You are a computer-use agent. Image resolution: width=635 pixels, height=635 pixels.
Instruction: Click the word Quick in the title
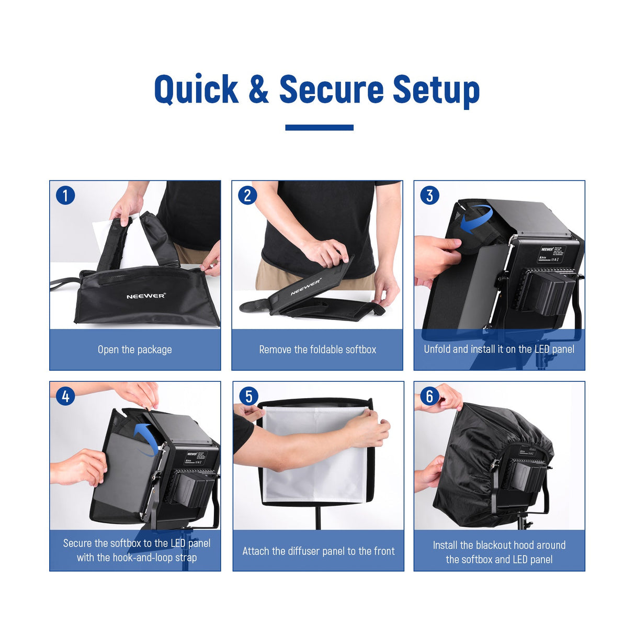[x=196, y=89]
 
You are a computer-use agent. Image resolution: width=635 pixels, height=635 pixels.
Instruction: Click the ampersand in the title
[x=258, y=89]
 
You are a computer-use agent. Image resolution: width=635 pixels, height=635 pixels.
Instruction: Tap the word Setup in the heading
[x=436, y=89]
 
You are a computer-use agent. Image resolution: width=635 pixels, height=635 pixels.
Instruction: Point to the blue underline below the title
[x=319, y=128]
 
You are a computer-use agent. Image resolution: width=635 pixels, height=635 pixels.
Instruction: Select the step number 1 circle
[x=65, y=196]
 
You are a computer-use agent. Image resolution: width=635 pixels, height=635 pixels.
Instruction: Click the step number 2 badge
[x=247, y=196]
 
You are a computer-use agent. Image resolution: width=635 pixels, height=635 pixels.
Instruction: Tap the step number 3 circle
[x=429, y=196]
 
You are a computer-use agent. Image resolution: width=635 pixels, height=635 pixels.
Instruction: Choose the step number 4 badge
[x=65, y=396]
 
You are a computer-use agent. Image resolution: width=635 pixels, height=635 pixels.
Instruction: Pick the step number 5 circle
[x=248, y=396]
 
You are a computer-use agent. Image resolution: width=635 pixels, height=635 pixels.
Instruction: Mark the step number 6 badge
[x=429, y=396]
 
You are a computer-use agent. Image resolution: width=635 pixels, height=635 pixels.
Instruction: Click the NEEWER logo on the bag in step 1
[x=146, y=296]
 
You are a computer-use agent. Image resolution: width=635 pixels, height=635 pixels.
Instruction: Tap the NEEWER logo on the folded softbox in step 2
[x=306, y=287]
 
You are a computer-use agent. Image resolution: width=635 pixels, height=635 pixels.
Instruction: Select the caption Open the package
[x=134, y=349]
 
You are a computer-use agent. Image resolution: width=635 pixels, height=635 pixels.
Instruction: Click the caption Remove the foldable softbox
[x=318, y=349]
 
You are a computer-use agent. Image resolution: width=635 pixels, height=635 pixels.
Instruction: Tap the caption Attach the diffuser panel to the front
[x=318, y=551]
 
